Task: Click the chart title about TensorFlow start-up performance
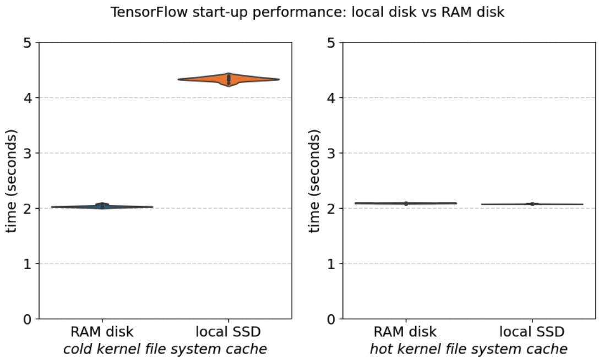coord(307,12)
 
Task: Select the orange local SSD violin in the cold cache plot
coord(228,79)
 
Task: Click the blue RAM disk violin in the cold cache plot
coord(102,206)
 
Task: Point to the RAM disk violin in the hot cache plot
coord(406,203)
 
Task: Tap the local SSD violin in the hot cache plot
coord(532,204)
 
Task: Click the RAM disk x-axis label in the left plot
coord(102,332)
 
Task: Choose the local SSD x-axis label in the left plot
coord(228,332)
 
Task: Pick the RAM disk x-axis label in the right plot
coord(406,332)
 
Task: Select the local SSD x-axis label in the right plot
coord(532,332)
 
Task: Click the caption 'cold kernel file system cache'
coord(165,348)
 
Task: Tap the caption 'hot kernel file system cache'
coord(469,348)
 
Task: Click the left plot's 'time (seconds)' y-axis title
coord(12,181)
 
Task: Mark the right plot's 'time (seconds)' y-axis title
coord(314,181)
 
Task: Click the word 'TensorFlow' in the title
coord(140,12)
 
